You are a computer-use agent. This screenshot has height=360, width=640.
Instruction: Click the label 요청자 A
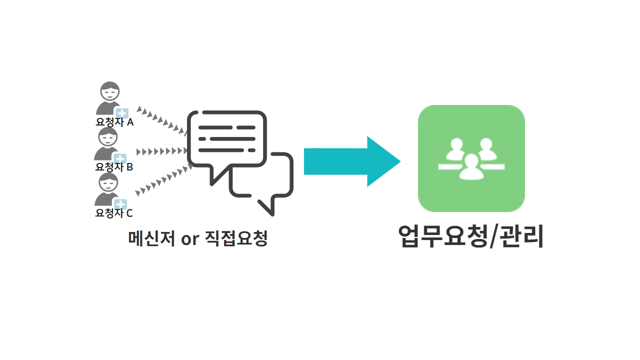pyautogui.click(x=114, y=122)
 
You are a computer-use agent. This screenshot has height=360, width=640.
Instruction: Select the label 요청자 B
pyautogui.click(x=114, y=167)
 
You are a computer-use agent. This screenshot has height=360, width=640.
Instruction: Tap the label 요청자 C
pyautogui.click(x=114, y=213)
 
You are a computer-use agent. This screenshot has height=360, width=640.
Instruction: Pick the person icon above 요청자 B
pyautogui.click(x=107, y=143)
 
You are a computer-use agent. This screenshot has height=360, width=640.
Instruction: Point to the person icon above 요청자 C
pyautogui.click(x=107, y=189)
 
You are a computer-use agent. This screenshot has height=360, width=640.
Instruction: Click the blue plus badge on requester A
pyautogui.click(x=121, y=112)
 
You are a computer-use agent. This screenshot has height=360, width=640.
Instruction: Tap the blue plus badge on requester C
pyautogui.click(x=120, y=204)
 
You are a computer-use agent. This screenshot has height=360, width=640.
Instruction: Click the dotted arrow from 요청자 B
pyautogui.click(x=161, y=151)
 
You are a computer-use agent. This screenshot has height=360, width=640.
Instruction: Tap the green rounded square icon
pyautogui.click(x=471, y=158)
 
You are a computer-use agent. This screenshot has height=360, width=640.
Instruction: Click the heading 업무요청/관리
pyautogui.click(x=470, y=236)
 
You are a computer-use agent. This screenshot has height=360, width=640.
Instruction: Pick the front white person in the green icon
pyautogui.click(x=471, y=167)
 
